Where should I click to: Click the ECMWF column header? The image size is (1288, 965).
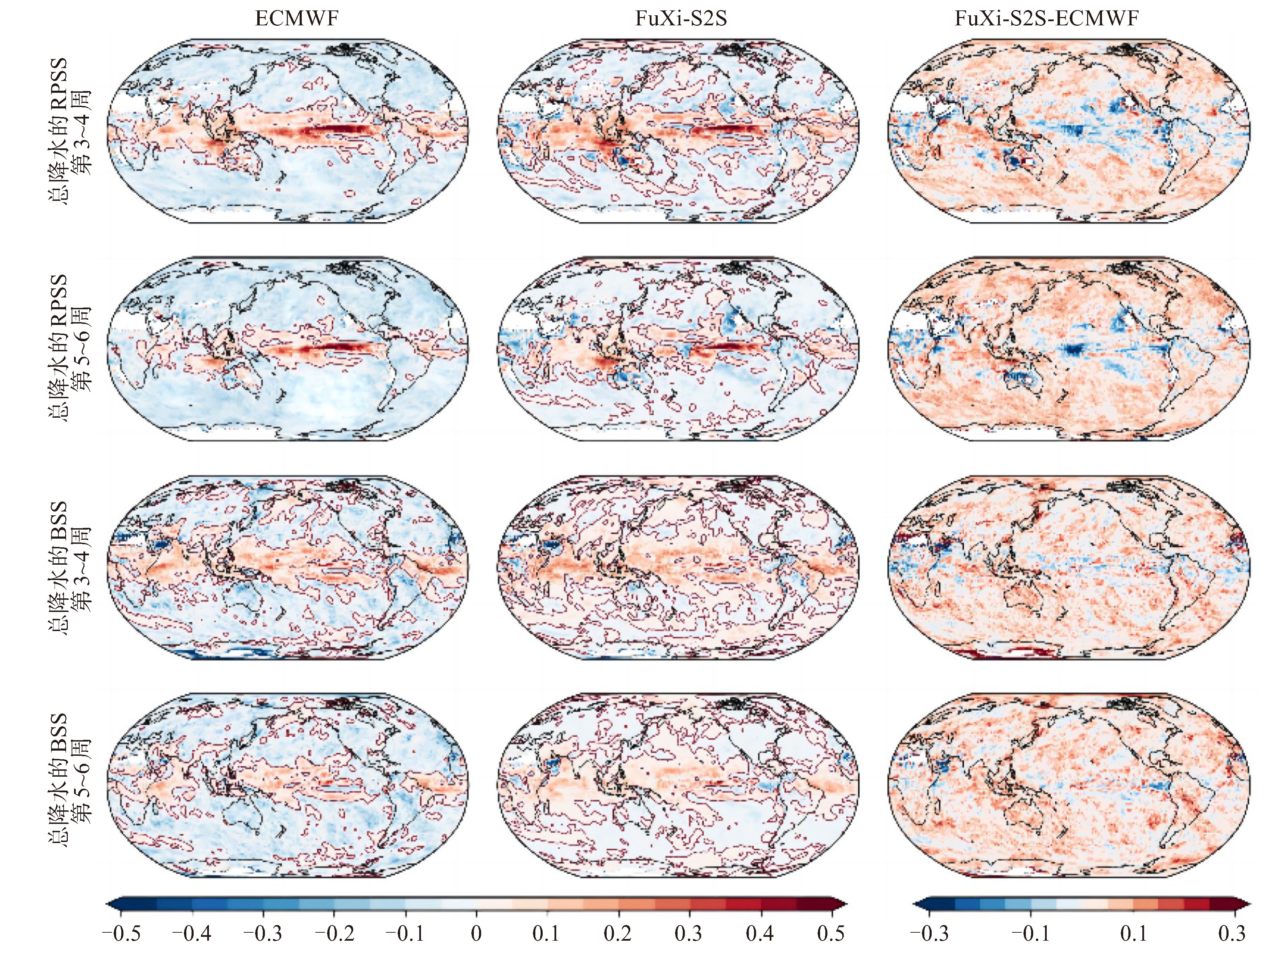pos(297,19)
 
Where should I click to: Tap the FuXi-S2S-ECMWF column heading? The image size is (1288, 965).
pos(1046,19)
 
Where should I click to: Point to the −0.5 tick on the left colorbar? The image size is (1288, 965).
pos(121,934)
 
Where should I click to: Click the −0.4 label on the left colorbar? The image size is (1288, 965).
pos(192,934)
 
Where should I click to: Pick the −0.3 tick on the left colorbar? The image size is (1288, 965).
pos(263,934)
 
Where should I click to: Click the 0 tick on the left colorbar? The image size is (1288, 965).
pos(476,934)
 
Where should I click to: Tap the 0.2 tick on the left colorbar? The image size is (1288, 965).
pos(618,934)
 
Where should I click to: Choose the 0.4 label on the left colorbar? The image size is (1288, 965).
pos(760,934)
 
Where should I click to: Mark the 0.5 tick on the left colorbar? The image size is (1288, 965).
pos(831,934)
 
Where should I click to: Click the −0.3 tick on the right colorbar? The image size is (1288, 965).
pos(929,934)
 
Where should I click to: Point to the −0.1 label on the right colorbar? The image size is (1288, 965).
pos(1031,934)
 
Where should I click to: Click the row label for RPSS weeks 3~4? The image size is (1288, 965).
pos(69,131)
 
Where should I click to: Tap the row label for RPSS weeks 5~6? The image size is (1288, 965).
pos(69,348)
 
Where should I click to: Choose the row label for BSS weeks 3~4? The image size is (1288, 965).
pos(69,567)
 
